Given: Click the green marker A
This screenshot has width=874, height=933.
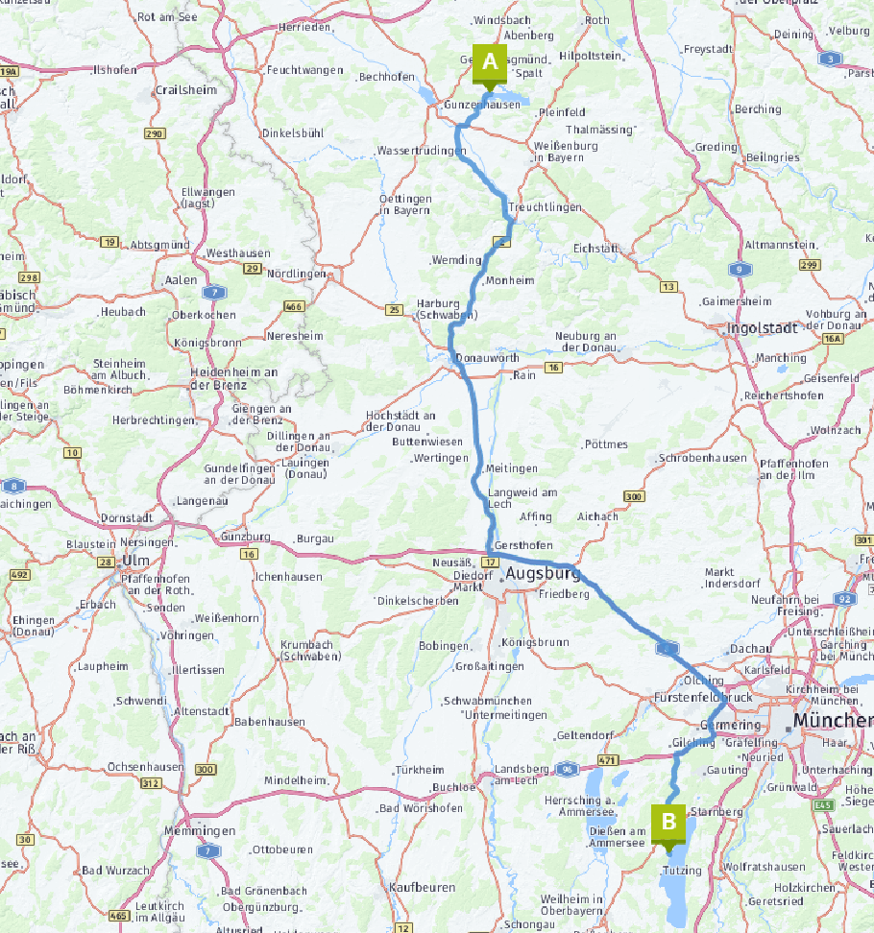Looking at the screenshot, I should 489,63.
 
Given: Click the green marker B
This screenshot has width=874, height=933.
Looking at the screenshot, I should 668,822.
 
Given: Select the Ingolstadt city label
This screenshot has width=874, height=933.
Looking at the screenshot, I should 764,327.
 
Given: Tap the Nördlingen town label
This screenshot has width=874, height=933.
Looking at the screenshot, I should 297,274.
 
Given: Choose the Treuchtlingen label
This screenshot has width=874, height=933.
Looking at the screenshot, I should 545,207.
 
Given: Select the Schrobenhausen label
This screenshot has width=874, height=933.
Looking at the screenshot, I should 702,459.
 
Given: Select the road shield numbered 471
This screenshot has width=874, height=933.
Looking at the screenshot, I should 607,760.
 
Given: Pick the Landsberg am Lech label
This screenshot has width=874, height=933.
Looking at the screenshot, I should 524,775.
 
